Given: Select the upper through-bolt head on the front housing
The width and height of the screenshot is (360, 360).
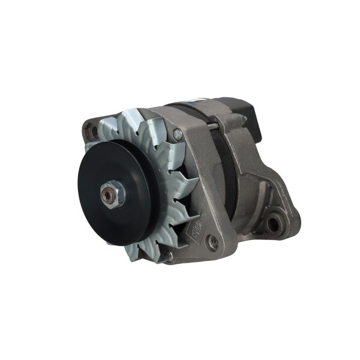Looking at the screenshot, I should [x=178, y=135].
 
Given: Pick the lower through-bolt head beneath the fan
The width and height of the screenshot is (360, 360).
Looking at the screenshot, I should [x=169, y=256].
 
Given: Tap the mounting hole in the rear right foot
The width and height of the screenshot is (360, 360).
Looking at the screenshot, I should [x=274, y=224].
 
